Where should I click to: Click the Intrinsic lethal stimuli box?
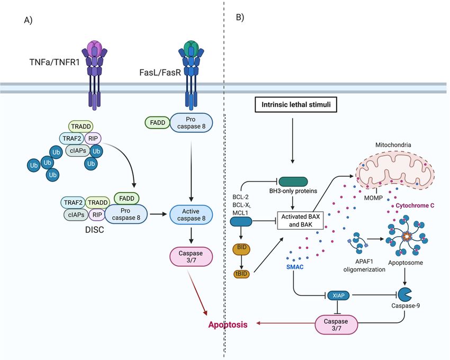[x=296, y=104]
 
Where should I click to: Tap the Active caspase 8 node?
[x=191, y=215]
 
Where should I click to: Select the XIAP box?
[x=338, y=295]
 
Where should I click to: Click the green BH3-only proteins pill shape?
[x=293, y=182]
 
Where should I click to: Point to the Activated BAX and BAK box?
[x=301, y=220]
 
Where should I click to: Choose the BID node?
[x=241, y=249]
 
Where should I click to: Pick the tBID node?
[x=241, y=274]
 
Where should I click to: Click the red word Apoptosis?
[x=228, y=325]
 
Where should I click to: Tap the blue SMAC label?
[x=295, y=267]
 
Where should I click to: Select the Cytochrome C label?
[x=415, y=205]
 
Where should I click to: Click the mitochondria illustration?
[x=394, y=169]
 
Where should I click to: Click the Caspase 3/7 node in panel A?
[x=191, y=257]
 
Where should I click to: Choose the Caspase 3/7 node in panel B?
[x=336, y=325]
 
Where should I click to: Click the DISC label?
[x=94, y=230]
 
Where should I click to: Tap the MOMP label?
[x=373, y=197]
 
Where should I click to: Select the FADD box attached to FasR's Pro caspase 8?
[x=158, y=123]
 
